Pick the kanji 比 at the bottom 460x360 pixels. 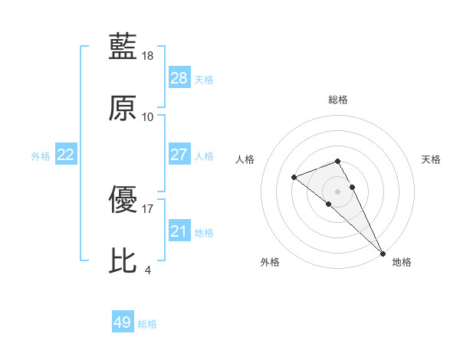[x=123, y=260]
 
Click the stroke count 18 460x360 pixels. [x=148, y=56]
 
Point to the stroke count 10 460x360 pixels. [x=148, y=117]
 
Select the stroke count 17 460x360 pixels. [x=148, y=208]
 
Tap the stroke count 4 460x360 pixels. [x=147, y=270]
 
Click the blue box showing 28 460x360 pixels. [x=179, y=78]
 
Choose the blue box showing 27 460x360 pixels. [x=179, y=155]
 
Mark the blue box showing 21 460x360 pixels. [x=179, y=231]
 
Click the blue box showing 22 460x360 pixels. [x=66, y=155]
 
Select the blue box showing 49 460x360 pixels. [x=123, y=322]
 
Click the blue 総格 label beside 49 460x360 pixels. [x=147, y=324]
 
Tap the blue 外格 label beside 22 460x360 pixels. [x=41, y=156]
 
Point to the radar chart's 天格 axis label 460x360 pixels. [x=431, y=159]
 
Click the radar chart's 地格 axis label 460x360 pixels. [x=402, y=262]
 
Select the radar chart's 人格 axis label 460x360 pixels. [x=245, y=159]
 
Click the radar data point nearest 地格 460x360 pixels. [x=382, y=252]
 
